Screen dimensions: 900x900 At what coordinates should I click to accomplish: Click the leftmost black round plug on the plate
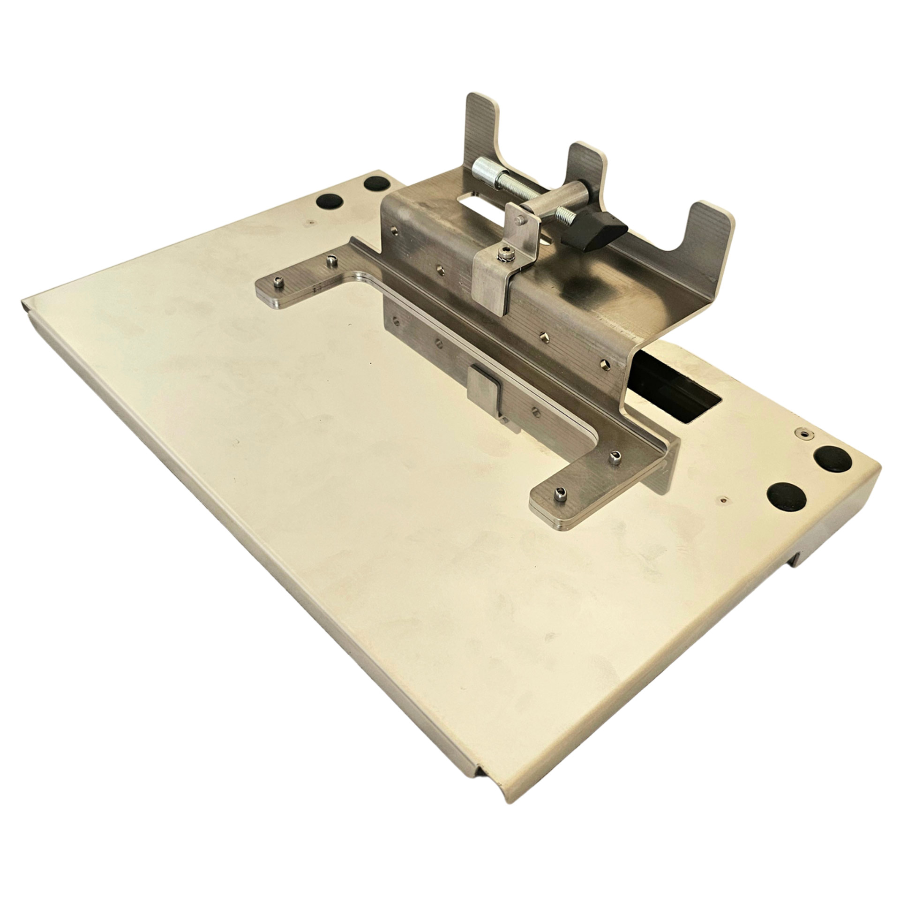329,201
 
